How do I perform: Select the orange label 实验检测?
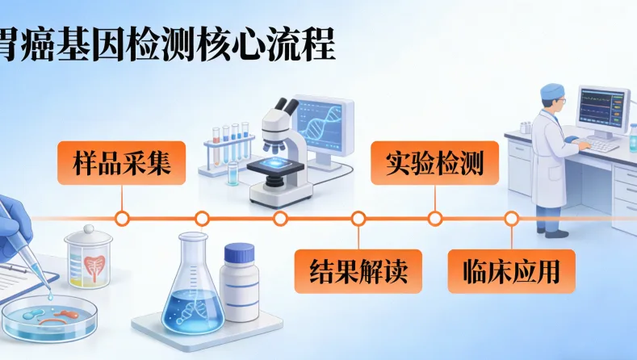click(434, 164)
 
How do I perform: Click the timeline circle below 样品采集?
click(122, 218)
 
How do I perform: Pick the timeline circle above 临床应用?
click(511, 218)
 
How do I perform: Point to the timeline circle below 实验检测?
click(435, 218)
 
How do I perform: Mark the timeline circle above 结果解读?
click(358, 218)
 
